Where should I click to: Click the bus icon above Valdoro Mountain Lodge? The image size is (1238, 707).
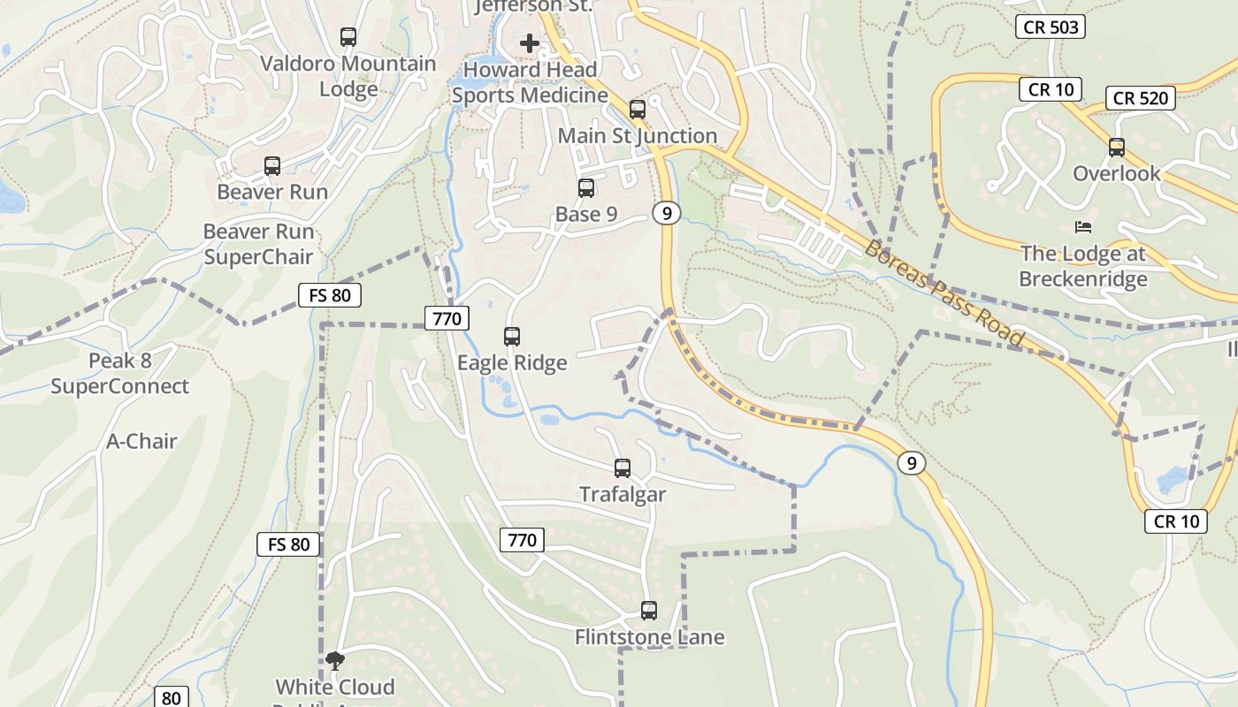click(348, 37)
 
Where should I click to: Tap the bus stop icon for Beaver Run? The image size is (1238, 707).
click(272, 166)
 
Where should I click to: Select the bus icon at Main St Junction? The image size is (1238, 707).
click(638, 110)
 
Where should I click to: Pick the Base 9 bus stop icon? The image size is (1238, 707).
click(586, 188)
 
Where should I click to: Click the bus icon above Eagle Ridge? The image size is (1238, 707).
click(512, 337)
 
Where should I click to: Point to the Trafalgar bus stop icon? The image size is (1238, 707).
click(623, 468)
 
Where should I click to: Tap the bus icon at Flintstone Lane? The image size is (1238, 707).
click(649, 611)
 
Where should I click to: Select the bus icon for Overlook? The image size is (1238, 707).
click(1117, 148)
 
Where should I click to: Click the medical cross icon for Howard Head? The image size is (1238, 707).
click(530, 42)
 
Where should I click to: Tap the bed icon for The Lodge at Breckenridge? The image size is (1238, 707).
click(1083, 227)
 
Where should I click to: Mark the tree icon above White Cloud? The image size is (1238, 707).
click(335, 660)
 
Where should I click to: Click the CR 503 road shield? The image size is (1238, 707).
click(1051, 27)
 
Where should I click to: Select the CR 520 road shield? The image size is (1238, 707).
click(1141, 98)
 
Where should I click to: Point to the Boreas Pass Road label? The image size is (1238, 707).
click(944, 293)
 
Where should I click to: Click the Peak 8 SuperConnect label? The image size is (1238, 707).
click(119, 374)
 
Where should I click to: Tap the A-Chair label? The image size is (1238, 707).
click(142, 441)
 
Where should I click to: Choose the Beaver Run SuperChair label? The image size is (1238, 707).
click(259, 244)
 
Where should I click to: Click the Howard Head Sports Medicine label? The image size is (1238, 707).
click(530, 82)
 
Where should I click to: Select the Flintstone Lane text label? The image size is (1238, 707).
click(650, 637)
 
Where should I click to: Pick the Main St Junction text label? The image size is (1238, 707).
click(638, 136)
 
